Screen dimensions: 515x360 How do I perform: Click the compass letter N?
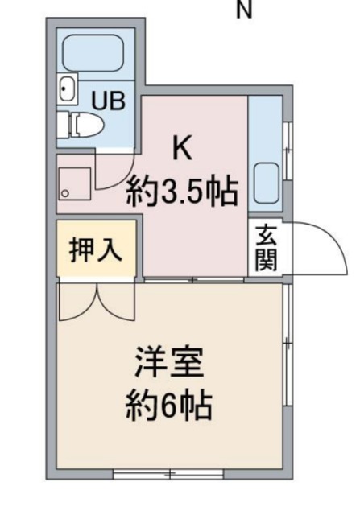coord(242,10)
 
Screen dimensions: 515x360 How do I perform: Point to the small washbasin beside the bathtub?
coord(66,89)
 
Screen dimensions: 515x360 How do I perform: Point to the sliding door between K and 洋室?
coord(193,280)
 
